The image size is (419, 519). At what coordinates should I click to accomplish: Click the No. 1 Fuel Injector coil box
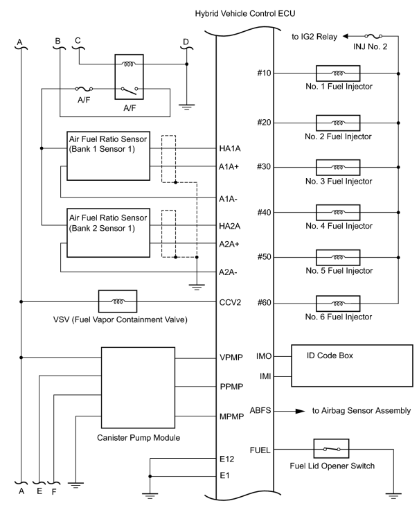[x=337, y=73]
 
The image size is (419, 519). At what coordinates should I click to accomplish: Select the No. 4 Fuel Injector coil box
[x=337, y=212]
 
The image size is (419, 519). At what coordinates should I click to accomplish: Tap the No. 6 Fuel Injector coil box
[x=337, y=303]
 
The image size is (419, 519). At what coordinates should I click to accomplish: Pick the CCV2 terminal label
[x=229, y=302]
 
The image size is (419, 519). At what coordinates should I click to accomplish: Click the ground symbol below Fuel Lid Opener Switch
[x=396, y=494]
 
